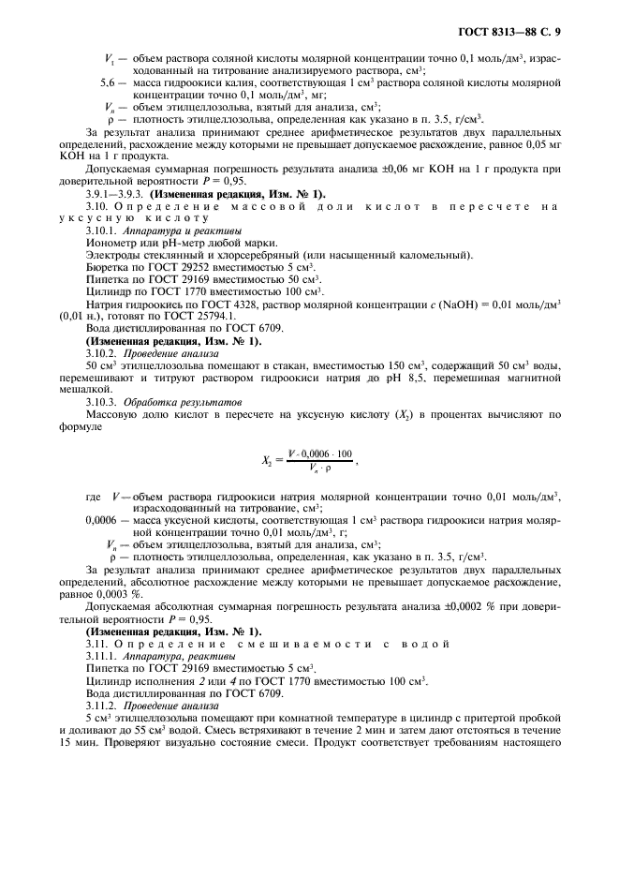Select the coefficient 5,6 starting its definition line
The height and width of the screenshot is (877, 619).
coord(109,83)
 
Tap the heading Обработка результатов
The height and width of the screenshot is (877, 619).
coord(168,400)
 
